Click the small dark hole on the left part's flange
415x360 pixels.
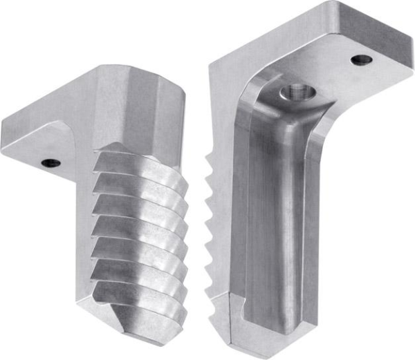[x=50, y=164]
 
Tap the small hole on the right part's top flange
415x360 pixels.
[x=360, y=59]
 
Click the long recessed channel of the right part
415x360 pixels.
[x=273, y=207]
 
